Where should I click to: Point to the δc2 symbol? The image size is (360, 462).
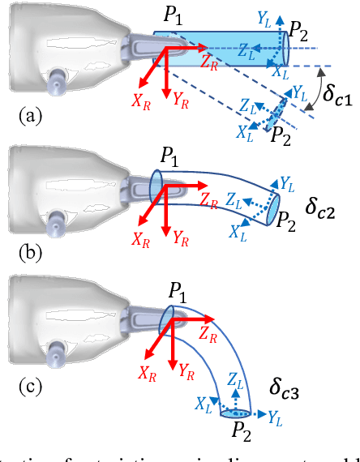coord(323,205)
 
